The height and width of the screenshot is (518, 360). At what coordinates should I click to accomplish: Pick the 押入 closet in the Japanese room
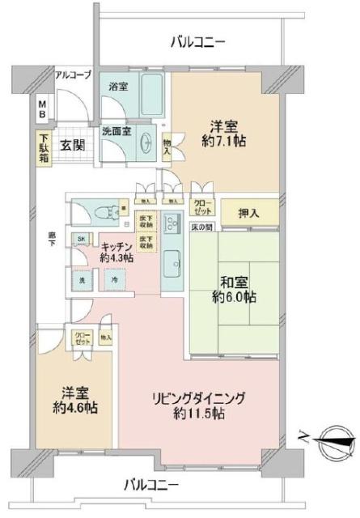point(250,213)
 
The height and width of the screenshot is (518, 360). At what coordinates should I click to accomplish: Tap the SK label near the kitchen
point(81,240)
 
